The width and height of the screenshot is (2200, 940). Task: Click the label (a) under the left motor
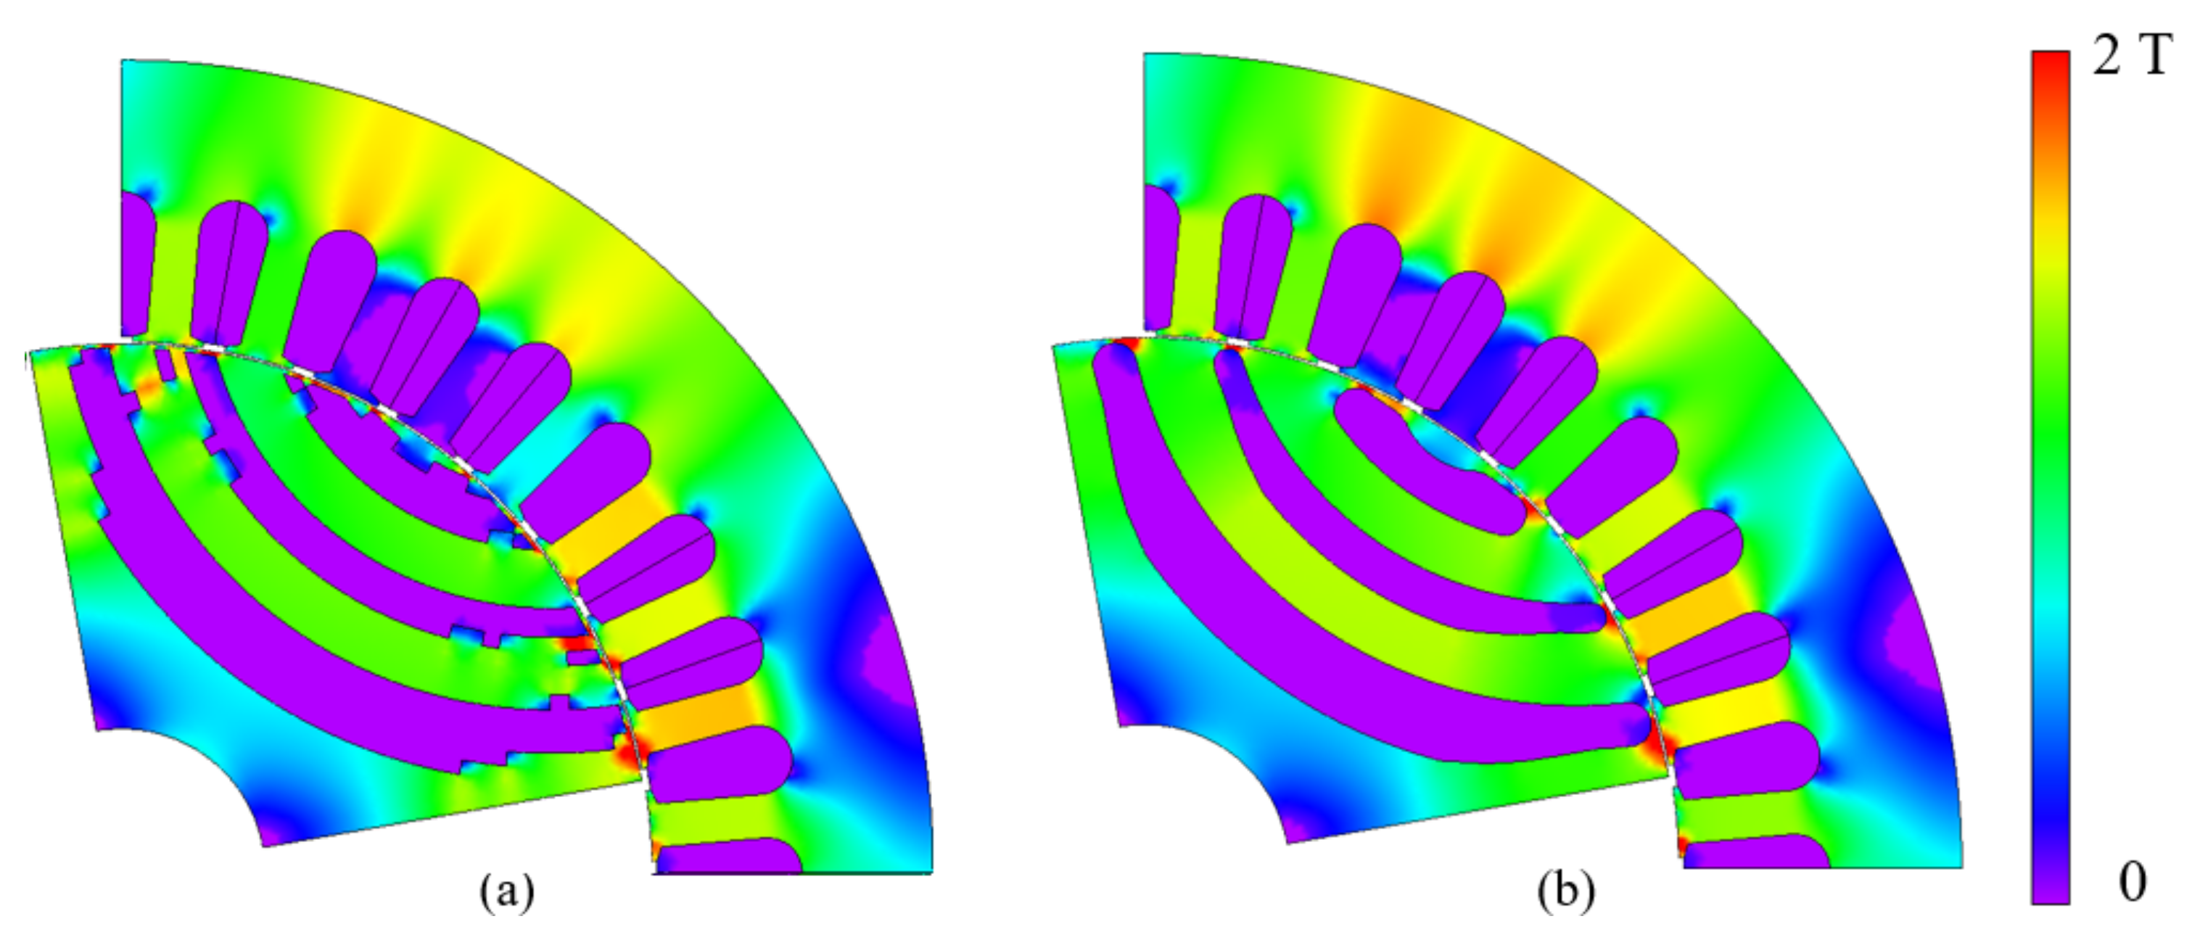click(x=507, y=892)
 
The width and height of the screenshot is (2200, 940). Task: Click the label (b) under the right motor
click(x=1565, y=892)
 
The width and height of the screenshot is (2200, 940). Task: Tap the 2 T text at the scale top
click(x=2130, y=58)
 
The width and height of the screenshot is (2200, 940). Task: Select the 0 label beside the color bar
click(x=2132, y=882)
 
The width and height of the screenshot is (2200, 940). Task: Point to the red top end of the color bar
click(x=2050, y=64)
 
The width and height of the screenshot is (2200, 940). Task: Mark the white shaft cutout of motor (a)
click(x=162, y=794)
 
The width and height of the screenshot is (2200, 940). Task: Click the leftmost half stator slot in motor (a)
click(x=136, y=265)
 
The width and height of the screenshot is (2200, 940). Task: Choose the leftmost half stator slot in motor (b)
click(x=1160, y=256)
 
